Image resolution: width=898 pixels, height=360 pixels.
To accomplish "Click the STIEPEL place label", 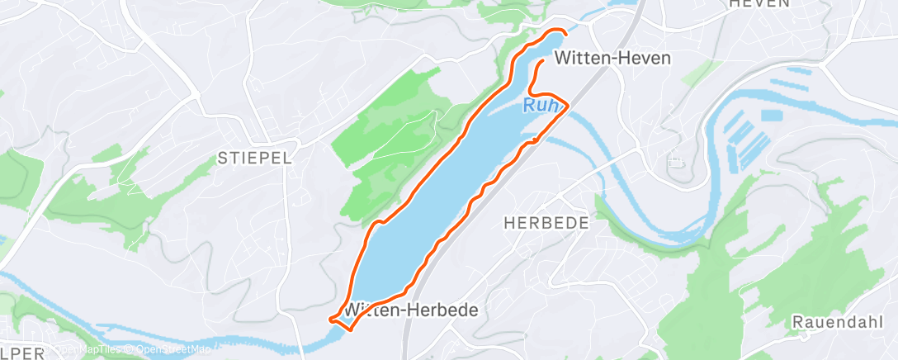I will (255, 158).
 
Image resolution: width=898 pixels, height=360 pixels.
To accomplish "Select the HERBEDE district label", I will (546, 223).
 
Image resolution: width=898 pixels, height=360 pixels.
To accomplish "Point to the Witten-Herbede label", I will (413, 310).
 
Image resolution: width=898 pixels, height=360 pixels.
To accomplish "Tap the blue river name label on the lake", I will (542, 105).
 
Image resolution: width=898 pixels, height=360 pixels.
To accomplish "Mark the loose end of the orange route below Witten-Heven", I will (542, 62).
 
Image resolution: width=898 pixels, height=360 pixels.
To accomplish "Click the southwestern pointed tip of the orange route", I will (330, 319).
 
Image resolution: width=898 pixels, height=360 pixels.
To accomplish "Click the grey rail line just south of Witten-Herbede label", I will (407, 330).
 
